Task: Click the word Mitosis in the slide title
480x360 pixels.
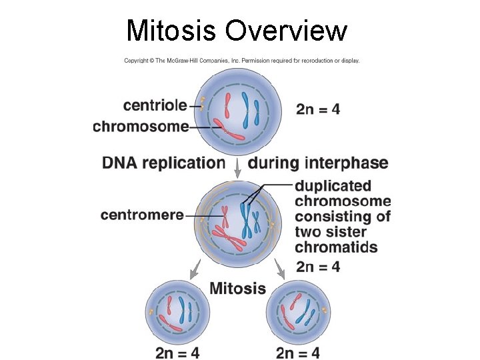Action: (x=171, y=31)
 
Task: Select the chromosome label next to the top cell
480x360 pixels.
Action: (x=141, y=126)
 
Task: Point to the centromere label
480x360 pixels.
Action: (x=142, y=215)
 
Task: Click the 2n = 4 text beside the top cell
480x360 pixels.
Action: (x=318, y=109)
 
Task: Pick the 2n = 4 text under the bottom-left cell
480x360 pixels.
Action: (x=177, y=352)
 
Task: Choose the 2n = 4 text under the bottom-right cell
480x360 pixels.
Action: (x=297, y=352)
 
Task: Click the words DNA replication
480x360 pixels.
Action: (x=164, y=163)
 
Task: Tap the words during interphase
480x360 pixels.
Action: (x=318, y=163)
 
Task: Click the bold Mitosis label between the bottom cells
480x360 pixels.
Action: (x=238, y=289)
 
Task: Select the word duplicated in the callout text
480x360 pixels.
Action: (x=333, y=185)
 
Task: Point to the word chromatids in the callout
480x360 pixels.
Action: (x=336, y=247)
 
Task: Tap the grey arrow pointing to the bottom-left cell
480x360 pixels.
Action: (x=195, y=269)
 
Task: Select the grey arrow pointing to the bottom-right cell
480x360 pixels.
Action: (x=280, y=269)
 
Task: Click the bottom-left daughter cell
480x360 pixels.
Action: (x=177, y=311)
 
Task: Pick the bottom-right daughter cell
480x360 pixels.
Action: (x=297, y=311)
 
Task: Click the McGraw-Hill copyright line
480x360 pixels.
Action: (x=242, y=60)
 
